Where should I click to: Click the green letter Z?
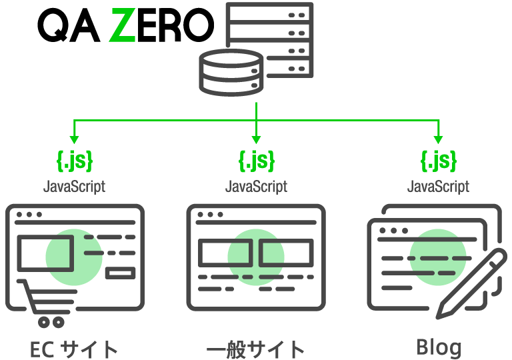coord(123,28)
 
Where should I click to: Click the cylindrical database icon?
coord(231,73)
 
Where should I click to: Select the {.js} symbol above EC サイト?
coord(74,161)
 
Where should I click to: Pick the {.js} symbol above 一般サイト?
coord(256,161)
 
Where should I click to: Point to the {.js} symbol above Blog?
coord(438,161)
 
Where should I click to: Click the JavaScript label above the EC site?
coord(74,186)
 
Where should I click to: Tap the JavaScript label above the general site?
coord(256,186)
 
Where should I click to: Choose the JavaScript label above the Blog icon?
coord(438,186)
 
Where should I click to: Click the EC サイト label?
coord(74,349)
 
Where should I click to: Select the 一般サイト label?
coord(256,349)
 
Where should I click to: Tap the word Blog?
coord(438,347)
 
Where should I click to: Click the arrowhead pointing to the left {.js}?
coord(74,140)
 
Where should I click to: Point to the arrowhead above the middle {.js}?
coord(256,140)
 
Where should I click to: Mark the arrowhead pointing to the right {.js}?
coord(438,140)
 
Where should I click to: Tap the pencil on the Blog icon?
coord(471,283)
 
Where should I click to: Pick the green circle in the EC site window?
coord(74,257)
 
